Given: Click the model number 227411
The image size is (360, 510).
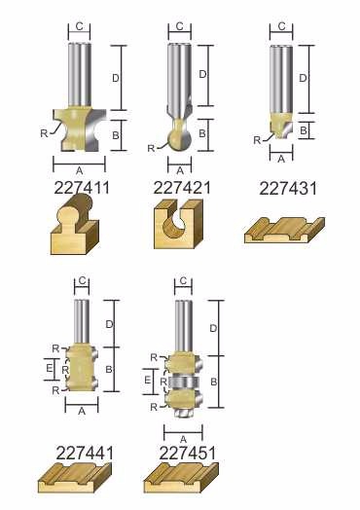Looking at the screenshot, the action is coord(82,188).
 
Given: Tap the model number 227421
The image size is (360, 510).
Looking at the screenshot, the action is coord(182,188).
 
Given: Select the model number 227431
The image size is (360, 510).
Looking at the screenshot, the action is coord(288,189).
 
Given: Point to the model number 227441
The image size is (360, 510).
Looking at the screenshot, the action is coord(85,454).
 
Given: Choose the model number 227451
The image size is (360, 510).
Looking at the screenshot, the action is coord(188,454).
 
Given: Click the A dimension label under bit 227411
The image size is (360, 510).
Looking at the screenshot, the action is coord(79,170).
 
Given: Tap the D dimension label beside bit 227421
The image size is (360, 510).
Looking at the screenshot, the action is coord(202,75).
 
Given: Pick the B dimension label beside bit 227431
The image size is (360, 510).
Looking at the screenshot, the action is coord(304,130).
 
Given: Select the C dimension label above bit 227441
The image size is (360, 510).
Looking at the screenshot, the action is coord(83,280).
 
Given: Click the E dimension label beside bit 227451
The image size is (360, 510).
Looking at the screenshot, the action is coord(148,380).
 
